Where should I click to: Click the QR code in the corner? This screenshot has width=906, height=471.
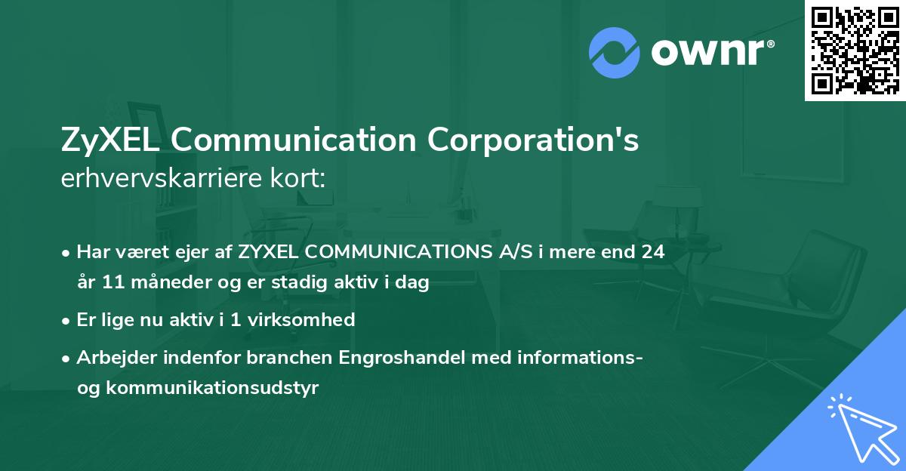855,50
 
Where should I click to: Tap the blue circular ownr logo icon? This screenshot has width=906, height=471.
615,53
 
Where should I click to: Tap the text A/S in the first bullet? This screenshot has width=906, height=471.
506,252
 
